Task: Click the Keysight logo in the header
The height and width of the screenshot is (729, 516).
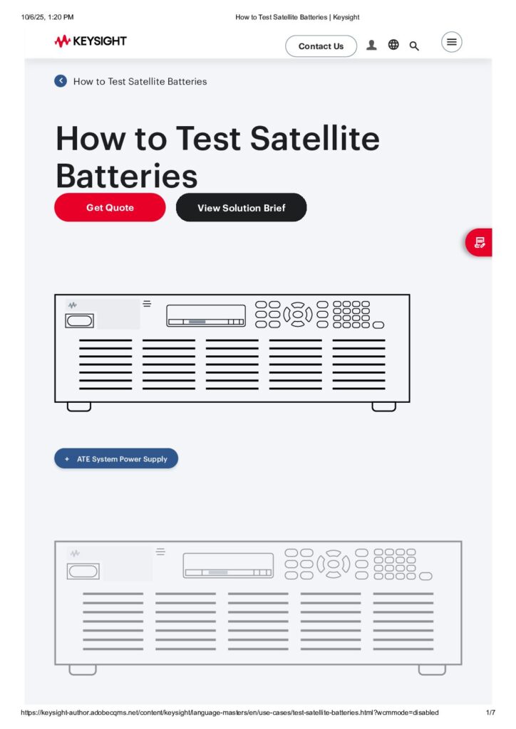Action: click(90, 41)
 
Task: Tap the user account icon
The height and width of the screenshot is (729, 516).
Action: click(371, 45)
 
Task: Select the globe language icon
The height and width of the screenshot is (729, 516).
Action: click(393, 45)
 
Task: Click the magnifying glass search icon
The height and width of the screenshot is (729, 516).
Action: click(414, 46)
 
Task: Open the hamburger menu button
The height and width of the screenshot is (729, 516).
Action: click(451, 42)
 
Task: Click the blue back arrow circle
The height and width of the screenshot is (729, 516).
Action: click(61, 81)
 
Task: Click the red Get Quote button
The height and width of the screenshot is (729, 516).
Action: click(110, 207)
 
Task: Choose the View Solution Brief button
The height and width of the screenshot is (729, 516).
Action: click(241, 207)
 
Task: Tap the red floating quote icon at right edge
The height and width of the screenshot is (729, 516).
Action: click(480, 243)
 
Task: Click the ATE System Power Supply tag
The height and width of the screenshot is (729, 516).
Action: click(116, 459)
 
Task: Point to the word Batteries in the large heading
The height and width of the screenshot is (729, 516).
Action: click(127, 175)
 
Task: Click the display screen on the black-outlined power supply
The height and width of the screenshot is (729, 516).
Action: click(206, 315)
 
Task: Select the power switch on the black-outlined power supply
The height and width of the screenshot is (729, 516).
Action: click(79, 321)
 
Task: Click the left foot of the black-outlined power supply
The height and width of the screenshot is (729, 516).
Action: click(79, 407)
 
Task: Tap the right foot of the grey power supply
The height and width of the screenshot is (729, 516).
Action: click(432, 670)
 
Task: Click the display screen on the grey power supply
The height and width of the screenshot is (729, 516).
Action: click(228, 565)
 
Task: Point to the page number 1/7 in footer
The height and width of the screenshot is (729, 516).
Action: click(490, 713)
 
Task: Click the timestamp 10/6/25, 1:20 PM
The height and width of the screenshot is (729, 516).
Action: click(48, 16)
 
